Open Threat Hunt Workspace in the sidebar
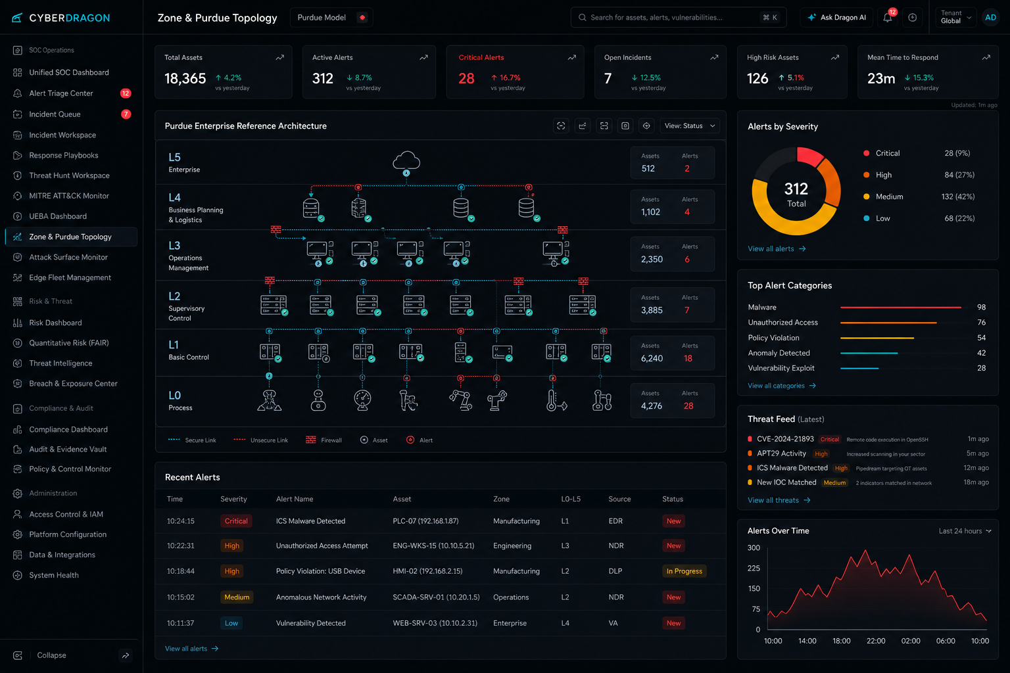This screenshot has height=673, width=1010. (69, 175)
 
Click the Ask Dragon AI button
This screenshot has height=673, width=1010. (837, 18)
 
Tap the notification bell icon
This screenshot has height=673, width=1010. (887, 18)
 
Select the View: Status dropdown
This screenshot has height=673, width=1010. (689, 126)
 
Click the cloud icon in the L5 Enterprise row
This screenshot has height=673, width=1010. (406, 161)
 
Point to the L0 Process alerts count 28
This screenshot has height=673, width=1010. (688, 406)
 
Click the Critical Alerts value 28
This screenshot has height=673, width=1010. (466, 78)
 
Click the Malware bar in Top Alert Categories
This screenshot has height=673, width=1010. (900, 307)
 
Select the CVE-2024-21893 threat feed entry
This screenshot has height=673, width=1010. (785, 438)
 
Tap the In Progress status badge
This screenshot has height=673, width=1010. (684, 571)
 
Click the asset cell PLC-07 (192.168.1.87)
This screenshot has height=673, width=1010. (425, 521)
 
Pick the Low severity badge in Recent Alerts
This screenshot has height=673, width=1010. (231, 623)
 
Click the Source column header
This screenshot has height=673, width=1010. (619, 499)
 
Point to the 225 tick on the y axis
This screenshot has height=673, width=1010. (754, 568)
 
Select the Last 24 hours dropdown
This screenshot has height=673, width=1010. (965, 531)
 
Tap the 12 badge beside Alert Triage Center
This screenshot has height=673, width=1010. (126, 93)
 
